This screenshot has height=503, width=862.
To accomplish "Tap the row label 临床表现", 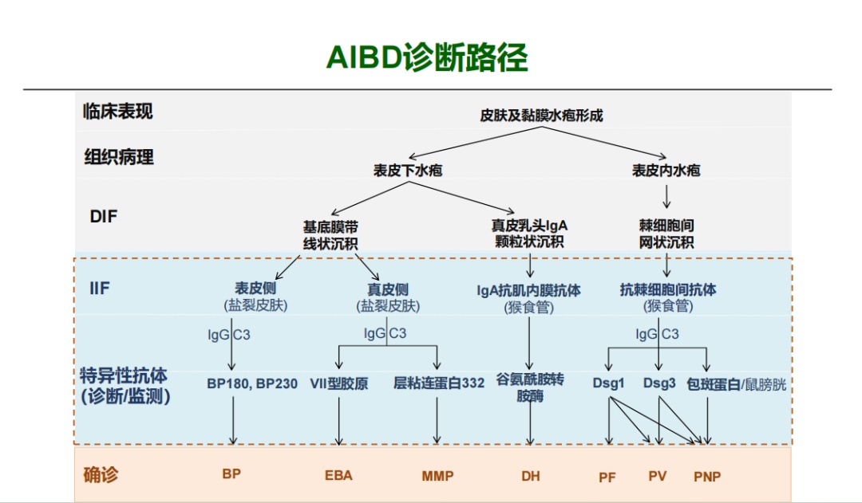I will (117, 112).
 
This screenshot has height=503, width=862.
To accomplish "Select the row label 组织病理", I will (119, 157).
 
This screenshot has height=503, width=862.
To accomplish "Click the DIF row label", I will (104, 216).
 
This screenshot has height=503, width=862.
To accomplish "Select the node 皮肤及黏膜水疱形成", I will (541, 116).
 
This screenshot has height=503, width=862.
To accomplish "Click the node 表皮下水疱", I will (408, 171).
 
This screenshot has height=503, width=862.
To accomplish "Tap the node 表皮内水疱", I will (666, 171).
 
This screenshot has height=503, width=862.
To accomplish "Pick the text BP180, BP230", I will (251, 383).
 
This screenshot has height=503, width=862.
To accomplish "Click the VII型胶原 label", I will (339, 383).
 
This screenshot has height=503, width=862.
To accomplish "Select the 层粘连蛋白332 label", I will (439, 383).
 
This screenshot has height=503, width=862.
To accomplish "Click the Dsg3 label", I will (659, 383).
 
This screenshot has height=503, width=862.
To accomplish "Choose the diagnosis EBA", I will (338, 476).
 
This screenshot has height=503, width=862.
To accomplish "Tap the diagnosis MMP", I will (437, 476).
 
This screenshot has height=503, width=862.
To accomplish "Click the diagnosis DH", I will (531, 476).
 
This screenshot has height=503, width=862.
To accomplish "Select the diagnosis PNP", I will (707, 477).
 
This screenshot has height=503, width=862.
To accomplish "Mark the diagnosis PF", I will (607, 477).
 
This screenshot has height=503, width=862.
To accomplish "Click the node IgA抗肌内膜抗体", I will (529, 291).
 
